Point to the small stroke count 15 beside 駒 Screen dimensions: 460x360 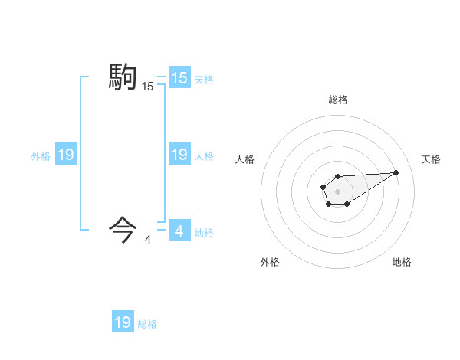click(x=147, y=87)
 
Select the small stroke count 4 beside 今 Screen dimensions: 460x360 click(x=147, y=240)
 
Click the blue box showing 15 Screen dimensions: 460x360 click(x=179, y=77)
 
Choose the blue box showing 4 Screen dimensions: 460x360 click(x=179, y=230)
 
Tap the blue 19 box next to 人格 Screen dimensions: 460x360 click(x=179, y=155)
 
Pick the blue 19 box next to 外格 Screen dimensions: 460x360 click(x=66, y=155)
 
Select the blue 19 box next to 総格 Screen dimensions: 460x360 click(x=123, y=322)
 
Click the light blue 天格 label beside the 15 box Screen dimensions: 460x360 click(x=204, y=79)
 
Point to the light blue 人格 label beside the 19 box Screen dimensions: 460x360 click(x=204, y=156)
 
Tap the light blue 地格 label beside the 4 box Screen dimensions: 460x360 click(x=204, y=232)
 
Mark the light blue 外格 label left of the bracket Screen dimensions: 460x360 click(x=41, y=156)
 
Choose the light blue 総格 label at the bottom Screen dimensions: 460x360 click(x=147, y=324)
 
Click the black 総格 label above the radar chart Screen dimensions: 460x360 click(x=337, y=100)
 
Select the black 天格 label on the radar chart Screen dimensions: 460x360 click(x=431, y=159)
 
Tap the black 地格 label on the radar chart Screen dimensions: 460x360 click(x=402, y=262)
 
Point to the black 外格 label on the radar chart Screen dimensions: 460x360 click(x=270, y=262)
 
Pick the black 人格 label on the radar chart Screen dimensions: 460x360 click(x=245, y=159)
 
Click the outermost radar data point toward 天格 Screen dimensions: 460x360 click(x=396, y=172)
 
